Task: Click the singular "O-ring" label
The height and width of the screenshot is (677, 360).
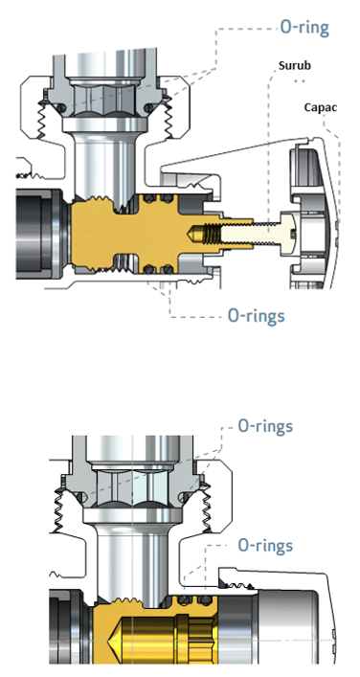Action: point(304,28)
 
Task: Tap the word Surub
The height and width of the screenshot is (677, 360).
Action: point(295,66)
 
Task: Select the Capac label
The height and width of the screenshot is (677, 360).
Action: point(321,107)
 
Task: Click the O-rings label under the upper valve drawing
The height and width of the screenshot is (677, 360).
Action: point(257,316)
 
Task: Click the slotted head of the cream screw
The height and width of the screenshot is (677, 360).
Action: point(288,229)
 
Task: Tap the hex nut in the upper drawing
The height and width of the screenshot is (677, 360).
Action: point(105,100)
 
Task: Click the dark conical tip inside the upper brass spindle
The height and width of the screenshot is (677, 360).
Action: point(193,233)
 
